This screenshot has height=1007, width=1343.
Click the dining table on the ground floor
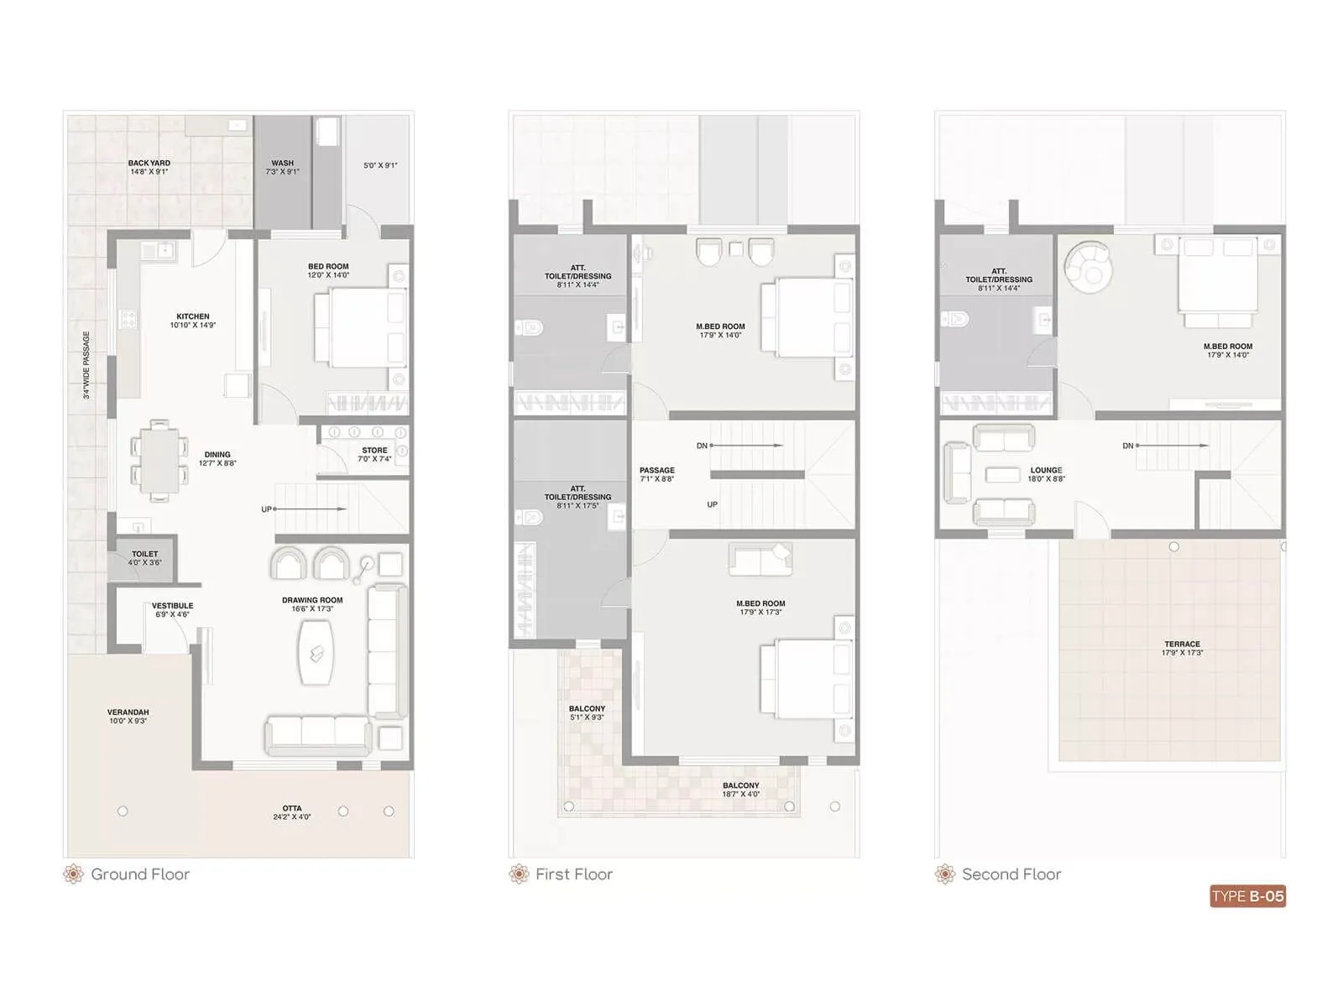(159, 461)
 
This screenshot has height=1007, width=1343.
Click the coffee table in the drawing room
(316, 653)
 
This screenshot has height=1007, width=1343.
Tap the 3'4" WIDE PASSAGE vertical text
(86, 364)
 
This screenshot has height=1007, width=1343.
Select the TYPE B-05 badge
(1247, 896)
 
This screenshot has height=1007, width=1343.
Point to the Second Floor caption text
(1011, 874)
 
